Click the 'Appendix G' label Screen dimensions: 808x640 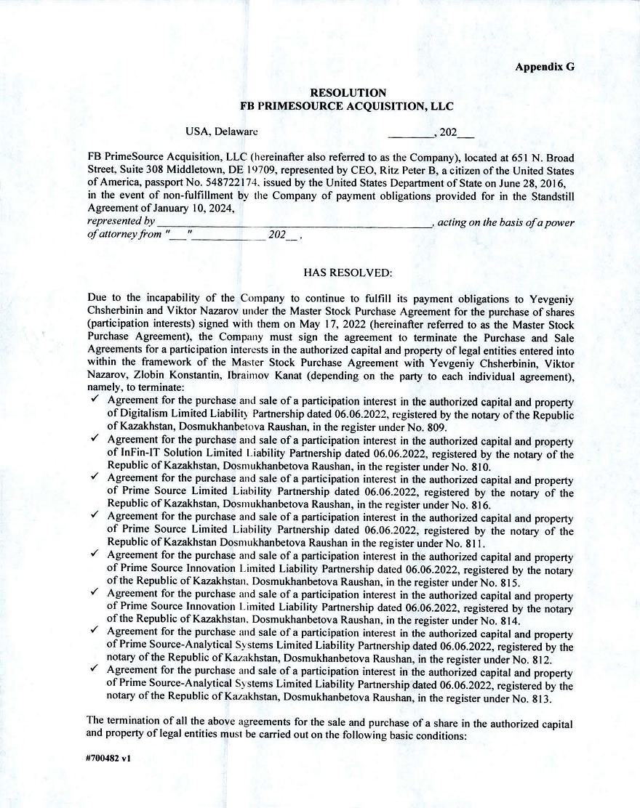click(x=544, y=67)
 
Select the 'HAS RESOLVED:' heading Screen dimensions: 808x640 click(x=348, y=272)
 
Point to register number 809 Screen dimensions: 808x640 click(x=436, y=427)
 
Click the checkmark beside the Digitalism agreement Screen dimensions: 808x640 click(x=95, y=400)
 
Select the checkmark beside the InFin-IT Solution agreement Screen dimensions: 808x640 click(x=95, y=439)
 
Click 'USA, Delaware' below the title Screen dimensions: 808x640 click(x=221, y=132)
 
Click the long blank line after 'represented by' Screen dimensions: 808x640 click(x=294, y=222)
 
